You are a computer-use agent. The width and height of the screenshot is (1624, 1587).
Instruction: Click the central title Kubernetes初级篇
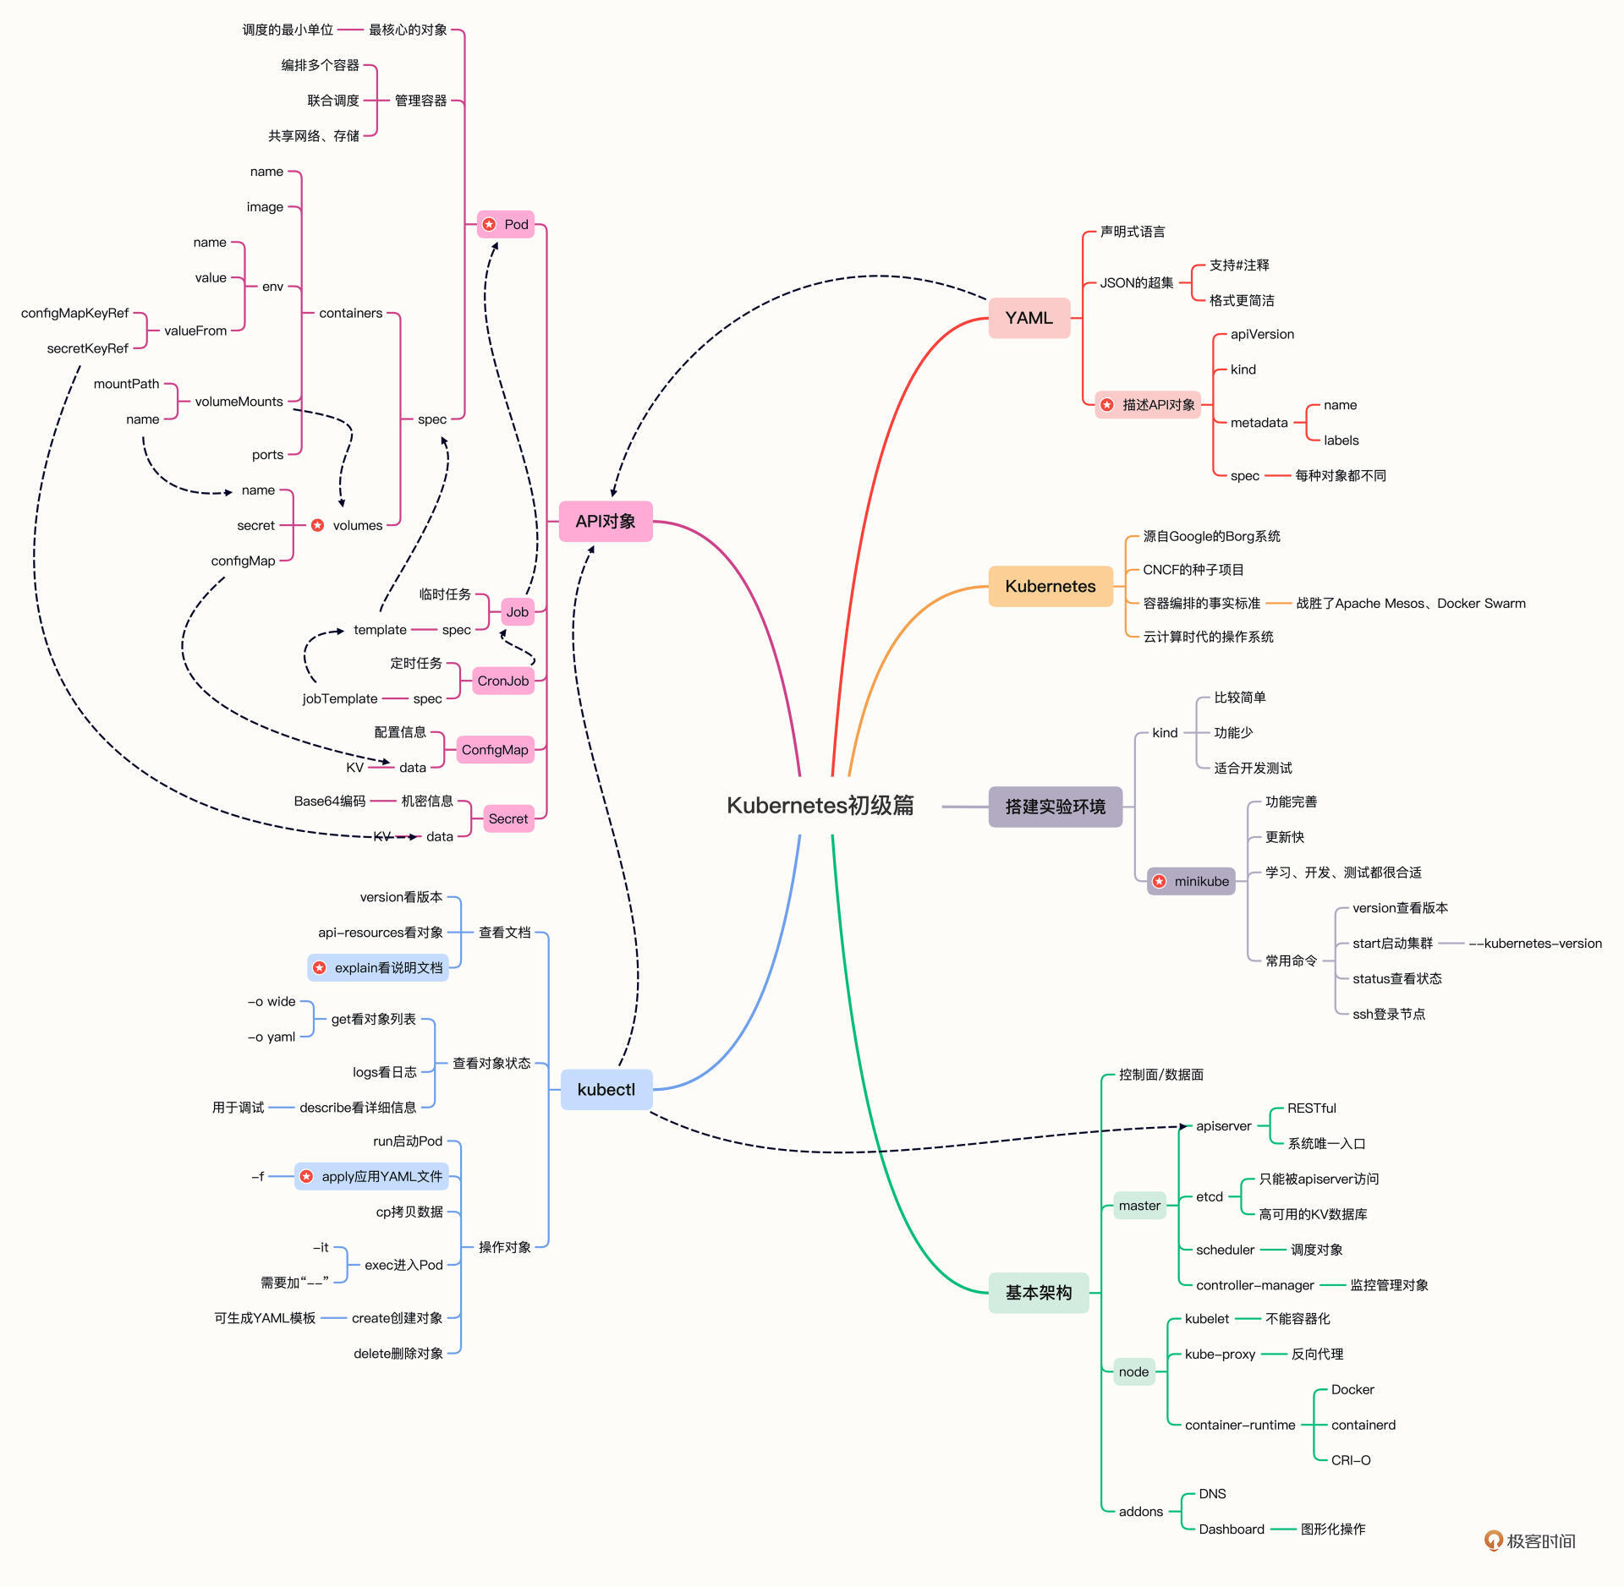[x=820, y=805]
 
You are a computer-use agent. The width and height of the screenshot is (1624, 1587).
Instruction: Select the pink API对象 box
[x=606, y=521]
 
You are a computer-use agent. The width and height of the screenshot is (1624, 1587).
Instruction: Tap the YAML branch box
[x=1029, y=318]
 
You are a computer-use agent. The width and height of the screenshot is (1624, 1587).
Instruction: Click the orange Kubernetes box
[x=1050, y=586]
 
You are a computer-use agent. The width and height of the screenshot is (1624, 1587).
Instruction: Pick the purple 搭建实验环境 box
[x=1055, y=807]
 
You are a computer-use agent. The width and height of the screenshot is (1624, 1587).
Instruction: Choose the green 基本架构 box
[x=1039, y=1293]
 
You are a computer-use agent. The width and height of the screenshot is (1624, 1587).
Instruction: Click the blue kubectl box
[x=606, y=1089]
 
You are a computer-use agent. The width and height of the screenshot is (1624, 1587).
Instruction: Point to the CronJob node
[x=502, y=681]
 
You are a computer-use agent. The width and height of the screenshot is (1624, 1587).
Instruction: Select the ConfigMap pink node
[x=495, y=750]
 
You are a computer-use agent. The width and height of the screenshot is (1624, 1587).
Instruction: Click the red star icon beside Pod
[x=489, y=224]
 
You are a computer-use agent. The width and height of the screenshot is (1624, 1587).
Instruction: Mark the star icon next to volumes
[x=317, y=525]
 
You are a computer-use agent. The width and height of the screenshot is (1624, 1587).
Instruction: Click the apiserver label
[x=1223, y=1125]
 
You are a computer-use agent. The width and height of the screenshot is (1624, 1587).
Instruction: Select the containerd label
[x=1363, y=1425]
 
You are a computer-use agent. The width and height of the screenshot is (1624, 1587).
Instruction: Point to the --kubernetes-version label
[x=1535, y=944]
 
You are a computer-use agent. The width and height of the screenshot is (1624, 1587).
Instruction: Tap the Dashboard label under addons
[x=1232, y=1529]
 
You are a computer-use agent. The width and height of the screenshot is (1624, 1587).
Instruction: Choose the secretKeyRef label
[x=87, y=348]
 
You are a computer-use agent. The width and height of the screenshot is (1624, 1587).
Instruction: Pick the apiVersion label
[x=1262, y=334]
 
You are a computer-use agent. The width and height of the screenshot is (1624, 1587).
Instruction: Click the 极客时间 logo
[x=1530, y=1540]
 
